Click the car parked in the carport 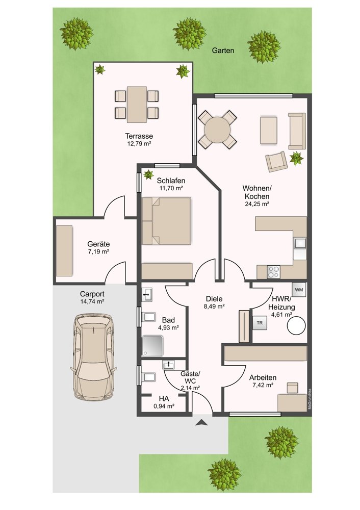click(x=93, y=357)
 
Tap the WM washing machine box click(x=299, y=290)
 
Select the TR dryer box click(x=260, y=323)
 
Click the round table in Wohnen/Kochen click(x=217, y=130)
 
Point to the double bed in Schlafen click(x=167, y=221)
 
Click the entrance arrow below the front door click(x=201, y=422)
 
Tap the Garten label click(x=223, y=50)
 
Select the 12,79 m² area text click(x=139, y=143)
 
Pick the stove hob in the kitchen click(x=273, y=272)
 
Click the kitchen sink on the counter click(x=300, y=243)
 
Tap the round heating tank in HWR click(x=296, y=325)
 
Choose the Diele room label click(x=214, y=299)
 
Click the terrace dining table click(x=137, y=105)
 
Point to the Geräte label click(x=98, y=244)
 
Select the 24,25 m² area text click(x=257, y=205)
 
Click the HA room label click(x=164, y=398)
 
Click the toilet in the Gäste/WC click(x=148, y=377)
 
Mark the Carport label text click(x=92, y=294)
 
